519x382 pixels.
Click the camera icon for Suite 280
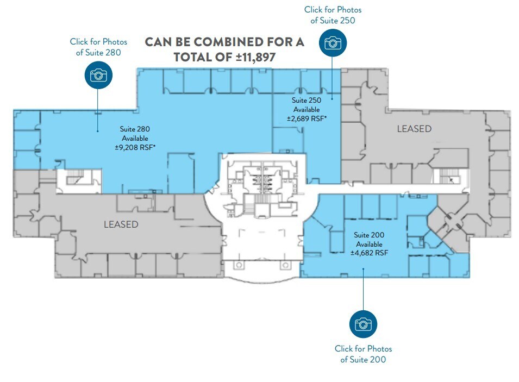tap(98, 74)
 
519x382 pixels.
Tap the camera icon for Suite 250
tap(333, 43)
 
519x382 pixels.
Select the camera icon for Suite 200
tap(363, 324)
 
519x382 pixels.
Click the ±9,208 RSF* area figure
tap(135, 147)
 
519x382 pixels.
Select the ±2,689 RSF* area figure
tap(307, 118)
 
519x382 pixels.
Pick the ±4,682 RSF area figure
tap(369, 253)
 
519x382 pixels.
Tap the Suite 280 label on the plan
tap(135, 129)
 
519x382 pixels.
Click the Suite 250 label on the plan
tap(307, 101)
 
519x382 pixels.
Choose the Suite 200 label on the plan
tap(369, 235)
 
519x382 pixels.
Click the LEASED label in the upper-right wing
tap(414, 129)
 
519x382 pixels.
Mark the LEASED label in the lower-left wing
tap(121, 224)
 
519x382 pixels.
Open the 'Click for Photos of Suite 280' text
tap(98, 47)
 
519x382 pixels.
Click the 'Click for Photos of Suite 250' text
tap(333, 15)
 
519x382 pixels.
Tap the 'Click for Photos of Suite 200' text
tap(363, 354)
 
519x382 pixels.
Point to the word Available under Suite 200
tap(369, 244)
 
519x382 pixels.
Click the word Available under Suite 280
tap(135, 138)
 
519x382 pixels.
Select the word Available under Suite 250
tap(307, 109)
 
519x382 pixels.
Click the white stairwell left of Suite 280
tap(79, 180)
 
